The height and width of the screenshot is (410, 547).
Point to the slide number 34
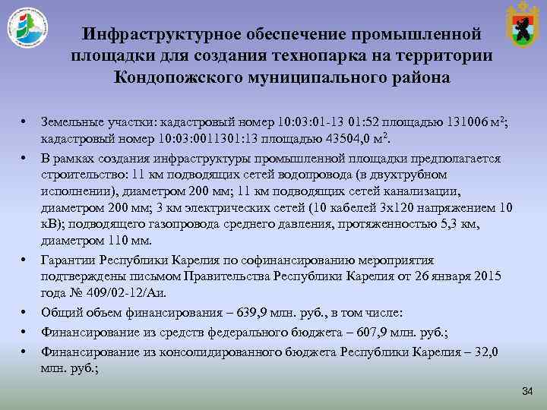pos(527,390)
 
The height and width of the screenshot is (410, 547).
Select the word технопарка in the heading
pos(323,55)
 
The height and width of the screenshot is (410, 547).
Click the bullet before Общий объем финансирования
pos(24,312)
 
